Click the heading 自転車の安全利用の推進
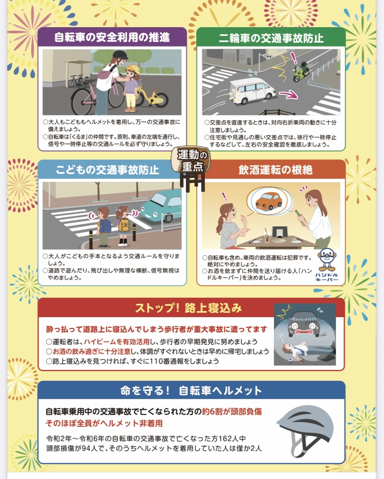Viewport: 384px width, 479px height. [112, 37]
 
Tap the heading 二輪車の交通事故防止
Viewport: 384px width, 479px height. [271, 38]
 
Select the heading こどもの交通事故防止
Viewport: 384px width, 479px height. [108, 170]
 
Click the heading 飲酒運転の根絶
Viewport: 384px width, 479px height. [275, 170]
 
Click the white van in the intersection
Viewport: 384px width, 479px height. [252, 91]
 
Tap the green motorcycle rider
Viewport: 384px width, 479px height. [301, 71]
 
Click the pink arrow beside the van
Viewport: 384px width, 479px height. [288, 94]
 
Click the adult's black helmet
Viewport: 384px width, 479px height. [120, 56]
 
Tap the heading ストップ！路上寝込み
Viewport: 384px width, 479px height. [188, 308]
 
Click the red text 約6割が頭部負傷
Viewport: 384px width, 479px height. [232, 411]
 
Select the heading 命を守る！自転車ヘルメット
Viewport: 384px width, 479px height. [191, 391]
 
